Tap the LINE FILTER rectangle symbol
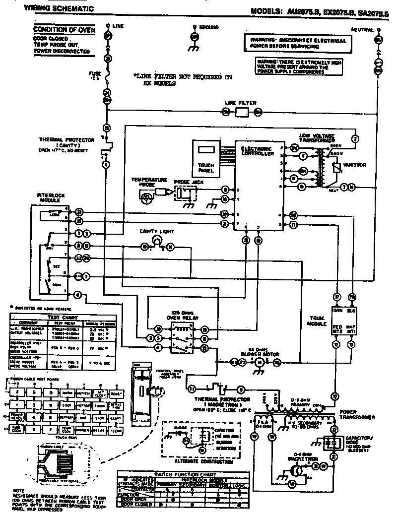click(x=241, y=113)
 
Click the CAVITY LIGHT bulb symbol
click(x=157, y=240)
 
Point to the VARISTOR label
click(x=356, y=165)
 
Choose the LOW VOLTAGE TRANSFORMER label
click(x=317, y=137)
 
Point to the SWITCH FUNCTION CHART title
click(x=183, y=474)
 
